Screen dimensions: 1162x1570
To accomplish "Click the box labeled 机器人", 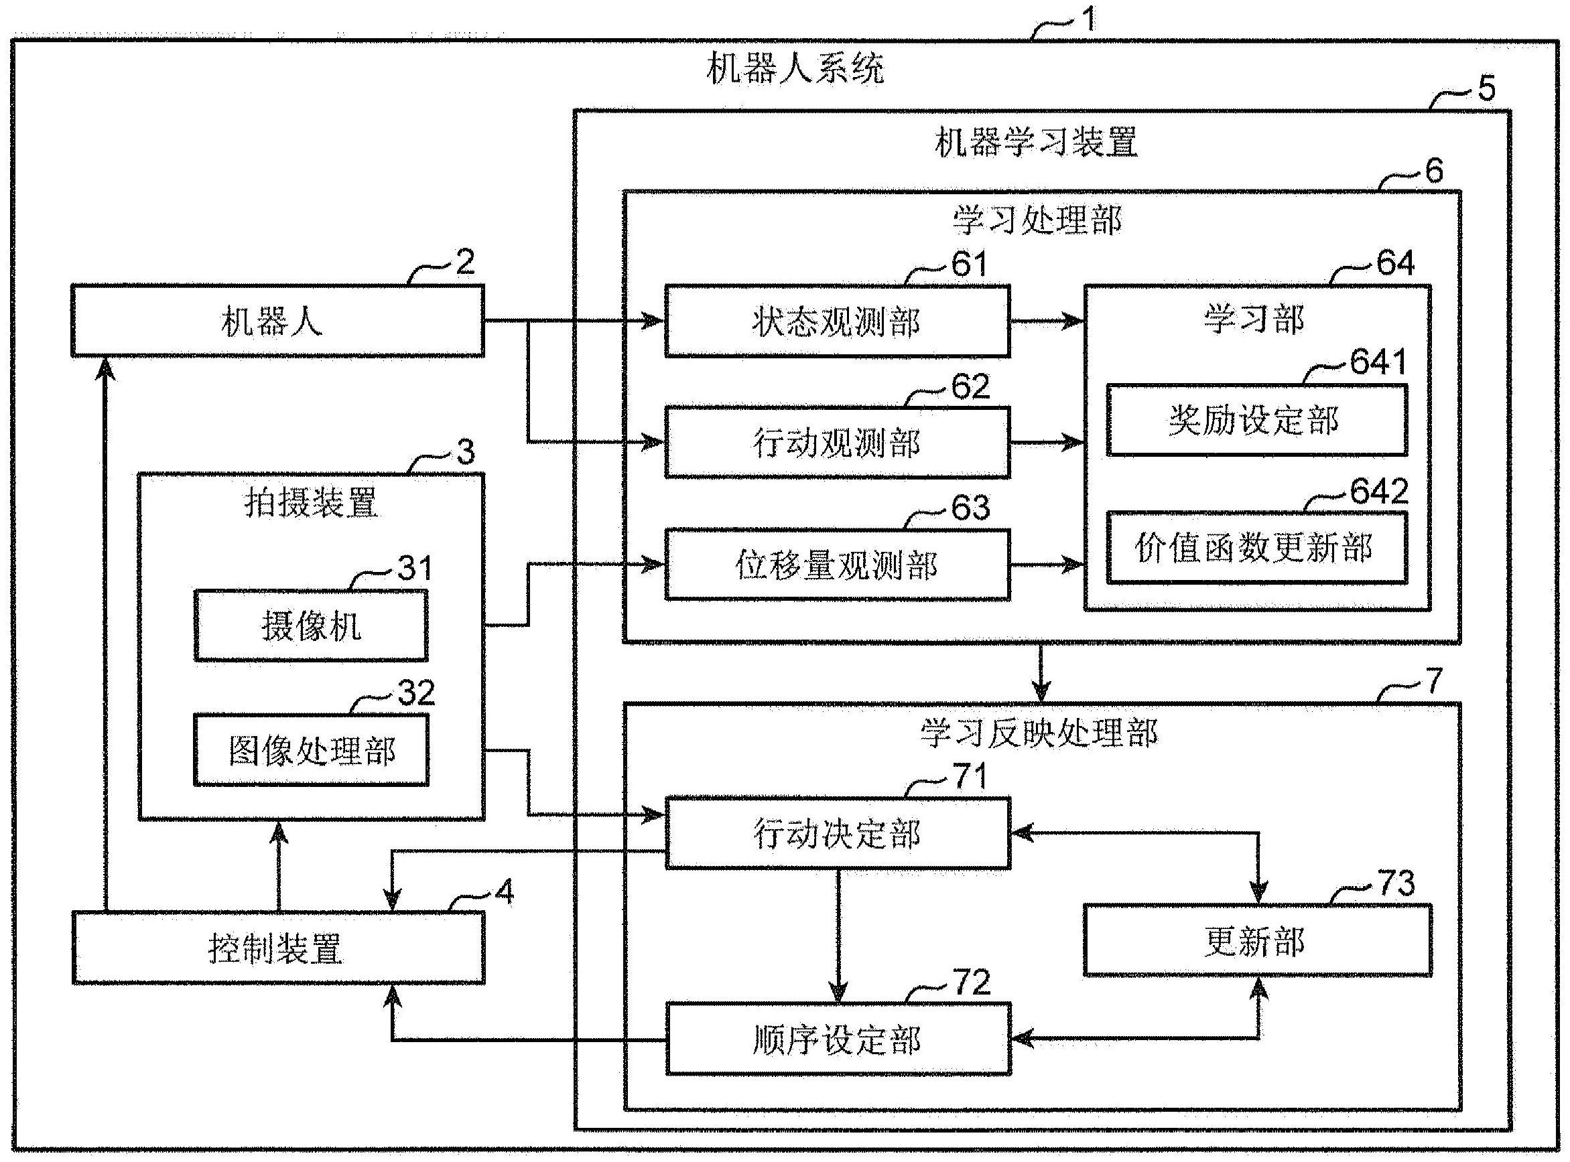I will click(x=277, y=321).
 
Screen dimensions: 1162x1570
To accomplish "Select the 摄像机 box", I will click(x=310, y=626).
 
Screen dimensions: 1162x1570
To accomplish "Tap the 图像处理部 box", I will click(x=310, y=751).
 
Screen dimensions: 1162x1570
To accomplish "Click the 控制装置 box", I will click(x=277, y=948).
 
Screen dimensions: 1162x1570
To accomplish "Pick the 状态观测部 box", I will click(x=837, y=321).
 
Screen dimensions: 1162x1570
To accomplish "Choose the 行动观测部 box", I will click(x=837, y=443).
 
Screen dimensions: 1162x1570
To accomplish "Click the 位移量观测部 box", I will click(x=837, y=565).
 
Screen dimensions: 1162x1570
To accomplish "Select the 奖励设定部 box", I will click(x=1256, y=420).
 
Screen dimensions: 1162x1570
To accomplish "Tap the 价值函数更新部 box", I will click(x=1256, y=548).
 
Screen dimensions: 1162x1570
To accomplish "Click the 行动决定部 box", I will click(x=838, y=834).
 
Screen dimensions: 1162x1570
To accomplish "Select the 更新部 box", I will click(x=1257, y=940).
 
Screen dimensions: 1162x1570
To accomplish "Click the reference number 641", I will click(x=1377, y=362).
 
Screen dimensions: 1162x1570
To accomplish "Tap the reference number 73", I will click(x=1396, y=883).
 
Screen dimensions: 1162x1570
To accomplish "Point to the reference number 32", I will click(x=416, y=693).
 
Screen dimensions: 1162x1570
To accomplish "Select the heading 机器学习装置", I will click(x=1035, y=142).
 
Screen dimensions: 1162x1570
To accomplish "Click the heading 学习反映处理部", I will click(x=1039, y=733).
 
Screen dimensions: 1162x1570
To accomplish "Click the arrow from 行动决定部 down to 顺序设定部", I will click(x=838, y=936).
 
